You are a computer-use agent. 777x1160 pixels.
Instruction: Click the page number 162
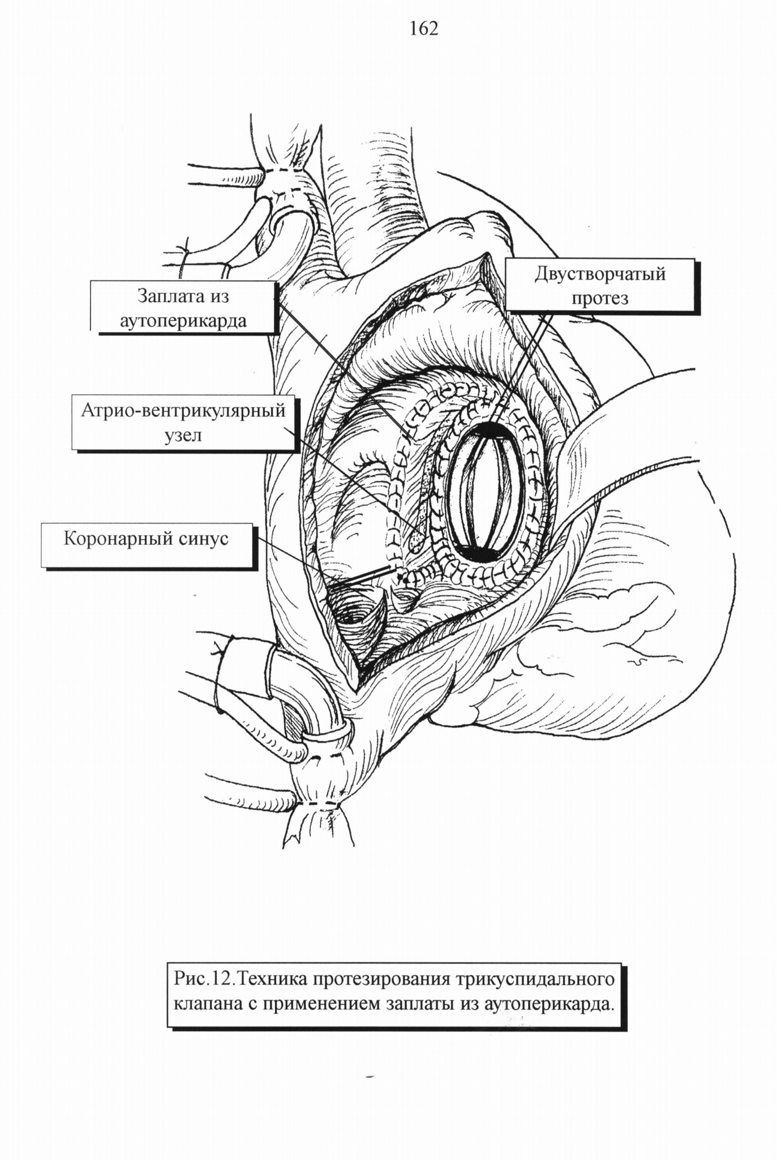pyautogui.click(x=424, y=28)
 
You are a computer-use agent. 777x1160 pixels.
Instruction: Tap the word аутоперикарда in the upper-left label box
pyautogui.click(x=183, y=321)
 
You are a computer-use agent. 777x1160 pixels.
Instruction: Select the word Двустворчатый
pyautogui.click(x=600, y=276)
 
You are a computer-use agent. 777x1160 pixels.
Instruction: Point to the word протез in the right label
pyautogui.click(x=600, y=299)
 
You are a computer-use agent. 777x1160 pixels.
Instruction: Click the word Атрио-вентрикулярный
pyautogui.click(x=183, y=411)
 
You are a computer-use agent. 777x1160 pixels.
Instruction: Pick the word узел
pyautogui.click(x=183, y=436)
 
